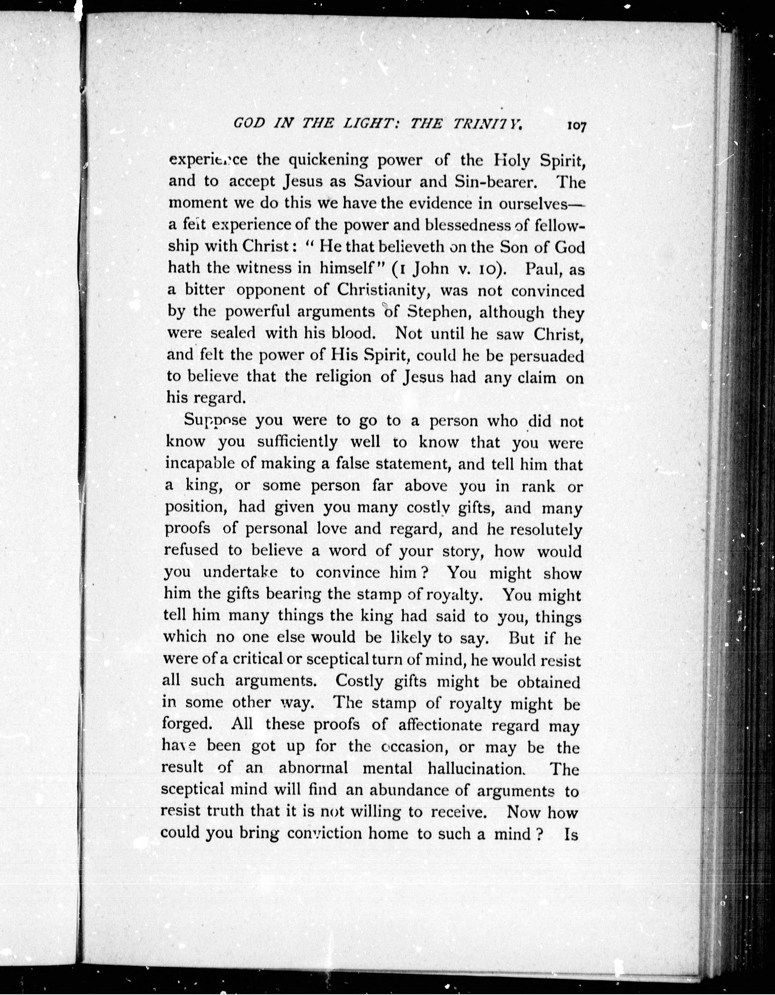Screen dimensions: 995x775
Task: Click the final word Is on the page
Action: click(571, 834)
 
